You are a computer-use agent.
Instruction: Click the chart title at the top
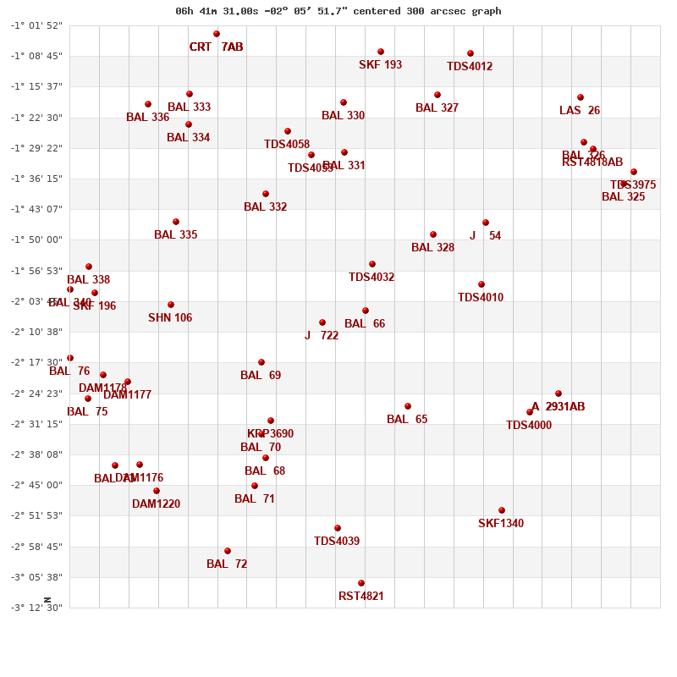click(x=338, y=11)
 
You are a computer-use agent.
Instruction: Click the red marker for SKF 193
click(x=381, y=52)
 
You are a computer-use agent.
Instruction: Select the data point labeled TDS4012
click(x=471, y=53)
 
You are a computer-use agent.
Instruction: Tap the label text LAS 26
click(x=580, y=111)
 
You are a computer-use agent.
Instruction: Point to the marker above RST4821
click(x=361, y=583)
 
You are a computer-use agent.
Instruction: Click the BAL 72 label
click(x=227, y=564)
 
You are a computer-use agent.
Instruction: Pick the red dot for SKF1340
click(x=502, y=510)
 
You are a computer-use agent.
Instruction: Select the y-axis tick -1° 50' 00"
click(x=36, y=239)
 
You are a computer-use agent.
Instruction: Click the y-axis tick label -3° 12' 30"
click(x=36, y=608)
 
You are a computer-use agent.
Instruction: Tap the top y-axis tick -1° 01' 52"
click(x=36, y=25)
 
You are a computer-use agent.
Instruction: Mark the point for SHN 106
click(x=171, y=305)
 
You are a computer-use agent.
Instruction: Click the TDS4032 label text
click(x=372, y=278)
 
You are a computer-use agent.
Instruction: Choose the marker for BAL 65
click(x=408, y=406)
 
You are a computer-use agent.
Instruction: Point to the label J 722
click(x=322, y=336)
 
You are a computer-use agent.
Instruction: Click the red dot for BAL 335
click(x=176, y=222)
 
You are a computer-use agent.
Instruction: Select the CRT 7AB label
click(x=216, y=47)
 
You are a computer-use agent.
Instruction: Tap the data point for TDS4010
click(x=482, y=284)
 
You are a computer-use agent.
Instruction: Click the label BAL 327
click(x=437, y=108)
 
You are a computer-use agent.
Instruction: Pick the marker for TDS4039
click(x=338, y=528)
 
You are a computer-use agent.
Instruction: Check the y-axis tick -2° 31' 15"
click(x=36, y=424)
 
